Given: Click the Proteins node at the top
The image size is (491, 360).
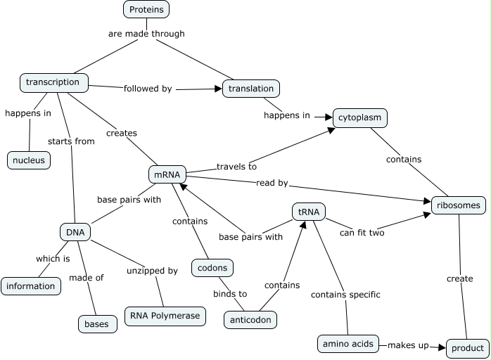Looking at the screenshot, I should pos(147,10).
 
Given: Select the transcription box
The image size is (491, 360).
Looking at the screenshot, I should pos(53,82).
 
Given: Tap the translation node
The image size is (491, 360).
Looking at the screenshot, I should pos(251,89).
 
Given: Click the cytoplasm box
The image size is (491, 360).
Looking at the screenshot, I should pos(359,117).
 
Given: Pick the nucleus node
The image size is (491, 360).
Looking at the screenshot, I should pos(29,160).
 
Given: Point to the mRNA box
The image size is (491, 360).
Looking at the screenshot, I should pos(167,174).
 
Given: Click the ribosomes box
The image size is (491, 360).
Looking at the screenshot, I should pos(459,205).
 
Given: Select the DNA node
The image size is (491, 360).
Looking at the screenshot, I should pos(75,231).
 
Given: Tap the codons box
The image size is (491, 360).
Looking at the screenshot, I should pos(212,268).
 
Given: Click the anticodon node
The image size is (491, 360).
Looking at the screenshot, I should pos(250,319).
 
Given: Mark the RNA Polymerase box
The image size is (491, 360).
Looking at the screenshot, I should pos(165,316).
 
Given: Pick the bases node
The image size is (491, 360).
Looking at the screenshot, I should pos(96,324).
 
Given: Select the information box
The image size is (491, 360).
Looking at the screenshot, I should pos(31,286).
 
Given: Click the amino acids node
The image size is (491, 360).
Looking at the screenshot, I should pos(348,344).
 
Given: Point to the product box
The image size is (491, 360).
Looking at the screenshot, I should pos(467,348).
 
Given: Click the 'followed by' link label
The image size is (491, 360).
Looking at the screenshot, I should pos(148,89).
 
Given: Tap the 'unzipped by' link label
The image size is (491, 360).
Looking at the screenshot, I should pos(152,270).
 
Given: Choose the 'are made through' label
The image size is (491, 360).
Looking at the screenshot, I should pos(146,33).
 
